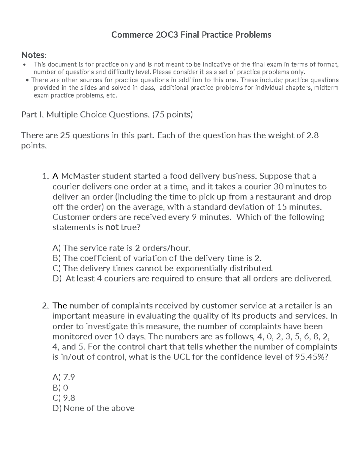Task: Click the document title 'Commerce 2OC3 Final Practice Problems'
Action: (191, 35)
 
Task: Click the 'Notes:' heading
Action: (34, 55)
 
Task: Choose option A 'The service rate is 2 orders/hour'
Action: (121, 248)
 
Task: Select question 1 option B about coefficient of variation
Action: (157, 258)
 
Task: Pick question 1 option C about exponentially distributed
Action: (163, 268)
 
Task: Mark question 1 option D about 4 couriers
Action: (192, 278)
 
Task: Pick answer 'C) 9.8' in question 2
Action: (64, 398)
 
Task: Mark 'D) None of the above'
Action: (93, 408)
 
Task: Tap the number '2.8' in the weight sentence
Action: (312, 135)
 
